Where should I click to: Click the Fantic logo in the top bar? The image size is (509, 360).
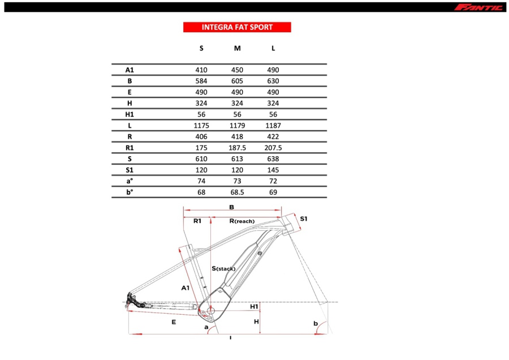[x=478, y=7]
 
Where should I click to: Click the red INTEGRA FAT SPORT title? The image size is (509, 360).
[x=237, y=27]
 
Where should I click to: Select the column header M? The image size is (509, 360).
[x=237, y=48]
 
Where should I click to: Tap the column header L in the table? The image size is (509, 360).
[x=273, y=48]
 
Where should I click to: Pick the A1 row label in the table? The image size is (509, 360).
[x=130, y=70]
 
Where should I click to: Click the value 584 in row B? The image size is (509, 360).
[x=201, y=81]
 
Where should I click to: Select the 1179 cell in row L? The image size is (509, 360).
[x=237, y=125]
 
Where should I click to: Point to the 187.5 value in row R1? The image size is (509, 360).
[x=237, y=147]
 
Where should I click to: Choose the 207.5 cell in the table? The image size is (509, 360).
[x=273, y=147]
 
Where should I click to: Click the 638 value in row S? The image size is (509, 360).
[x=273, y=158]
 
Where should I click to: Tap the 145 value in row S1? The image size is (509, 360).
[x=273, y=169]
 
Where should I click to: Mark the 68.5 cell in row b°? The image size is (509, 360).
[x=237, y=192]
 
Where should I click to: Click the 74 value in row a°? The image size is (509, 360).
[x=201, y=181]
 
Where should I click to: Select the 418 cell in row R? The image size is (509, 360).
[x=237, y=136]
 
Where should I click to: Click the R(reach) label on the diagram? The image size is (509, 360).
[x=241, y=221]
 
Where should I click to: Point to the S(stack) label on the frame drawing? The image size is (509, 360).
[x=223, y=268]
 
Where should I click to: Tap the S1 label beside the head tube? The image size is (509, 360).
[x=304, y=218]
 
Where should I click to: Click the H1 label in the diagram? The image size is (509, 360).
[x=254, y=306]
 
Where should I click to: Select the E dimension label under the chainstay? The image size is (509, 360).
[x=174, y=322]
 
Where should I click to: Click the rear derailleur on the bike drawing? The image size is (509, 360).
[x=132, y=301]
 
